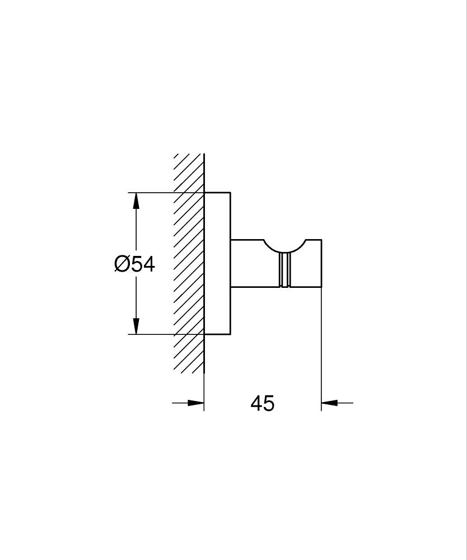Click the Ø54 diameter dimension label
134,264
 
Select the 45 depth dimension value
262,403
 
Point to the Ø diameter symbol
122,264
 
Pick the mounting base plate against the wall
217,263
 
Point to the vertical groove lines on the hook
284,270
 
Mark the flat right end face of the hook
321,263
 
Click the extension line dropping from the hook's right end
321,347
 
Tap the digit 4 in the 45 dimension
256,403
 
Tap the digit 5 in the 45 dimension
269,403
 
